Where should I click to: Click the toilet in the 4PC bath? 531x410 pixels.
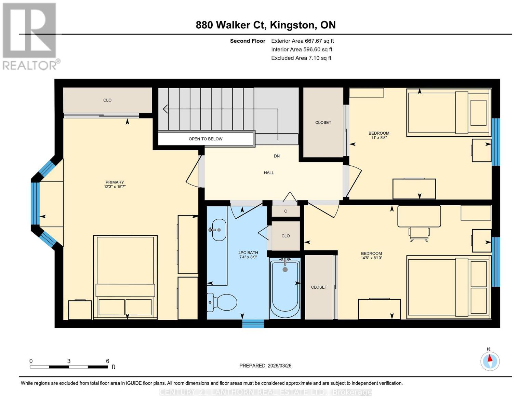pyautogui.click(x=222, y=303)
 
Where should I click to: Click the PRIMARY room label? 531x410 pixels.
pyautogui.click(x=115, y=182)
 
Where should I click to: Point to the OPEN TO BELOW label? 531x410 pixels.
pyautogui.click(x=205, y=139)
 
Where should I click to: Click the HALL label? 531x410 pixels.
pyautogui.click(x=269, y=173)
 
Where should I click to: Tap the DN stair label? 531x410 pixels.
pyautogui.click(x=277, y=156)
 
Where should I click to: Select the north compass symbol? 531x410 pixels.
pyautogui.click(x=490, y=361)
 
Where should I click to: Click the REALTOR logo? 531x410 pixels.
pyautogui.click(x=30, y=37)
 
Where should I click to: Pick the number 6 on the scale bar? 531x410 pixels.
pyautogui.click(x=107, y=361)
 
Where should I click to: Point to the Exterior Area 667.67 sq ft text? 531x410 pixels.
pyautogui.click(x=303, y=41)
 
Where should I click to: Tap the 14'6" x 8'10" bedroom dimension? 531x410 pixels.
pyautogui.click(x=371, y=258)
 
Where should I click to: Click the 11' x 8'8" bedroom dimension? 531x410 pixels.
pyautogui.click(x=379, y=137)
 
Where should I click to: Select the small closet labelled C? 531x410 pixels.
pyautogui.click(x=286, y=211)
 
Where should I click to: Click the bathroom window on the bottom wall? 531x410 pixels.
pyautogui.click(x=253, y=324)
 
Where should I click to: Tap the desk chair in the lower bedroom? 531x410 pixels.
pyautogui.click(x=419, y=234)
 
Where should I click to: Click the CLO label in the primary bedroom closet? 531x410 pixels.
pyautogui.click(x=107, y=100)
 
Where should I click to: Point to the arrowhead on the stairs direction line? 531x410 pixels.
pyautogui.click(x=165, y=109)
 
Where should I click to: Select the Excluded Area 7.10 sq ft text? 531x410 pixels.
pyautogui.click(x=301, y=58)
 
